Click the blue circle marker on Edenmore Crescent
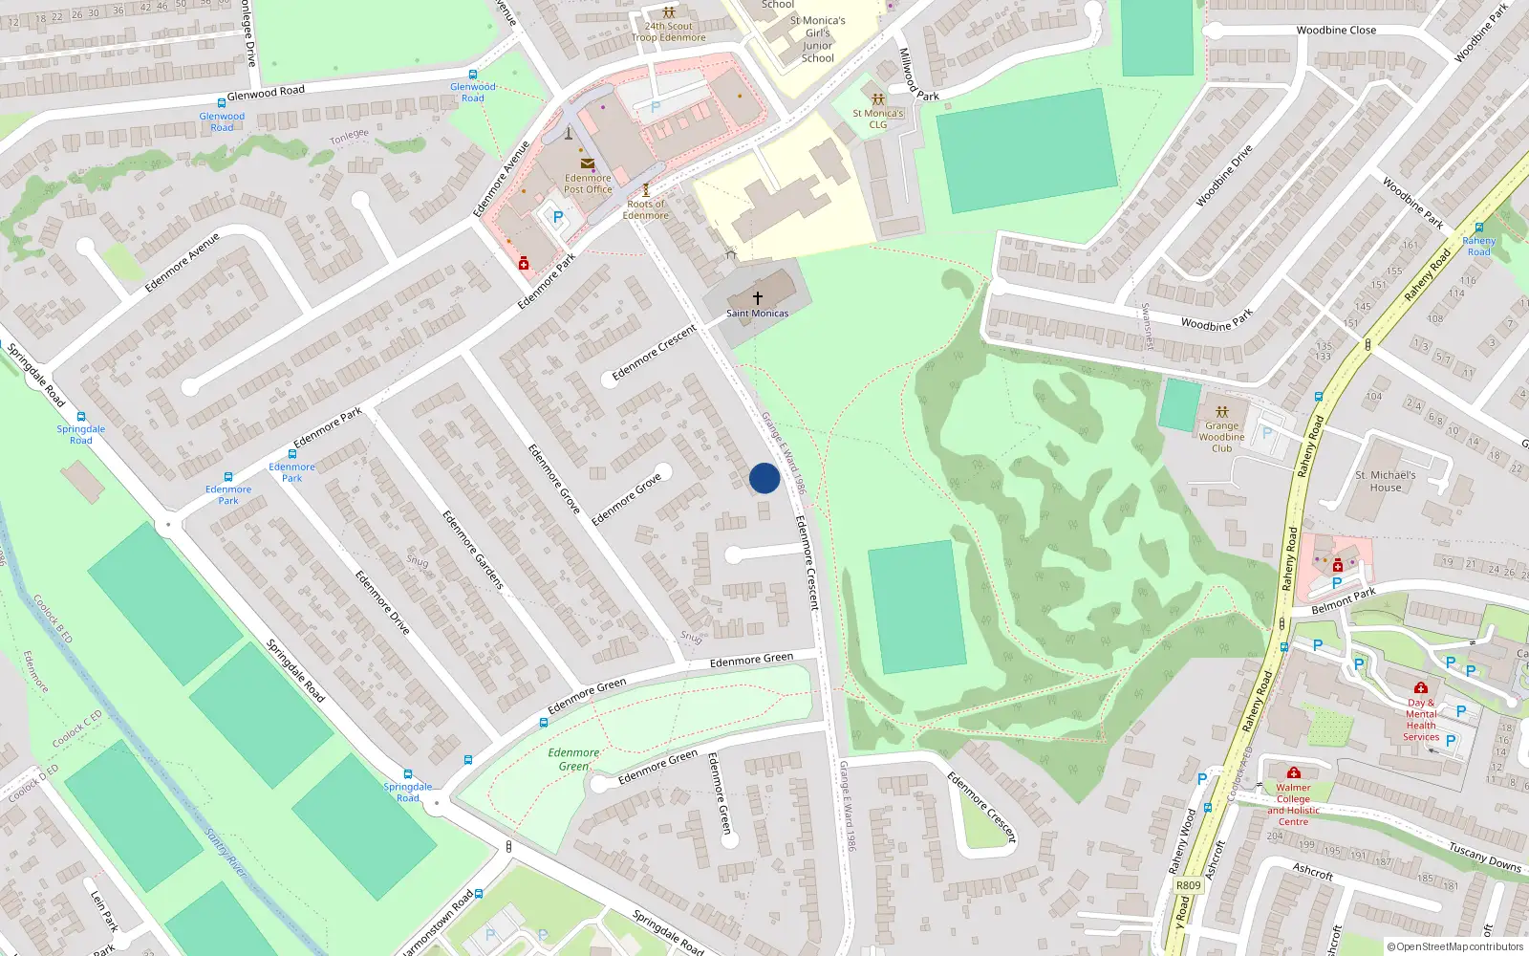764,478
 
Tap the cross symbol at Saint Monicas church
758,298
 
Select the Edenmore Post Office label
588,184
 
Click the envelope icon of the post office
587,163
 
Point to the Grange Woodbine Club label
1221,437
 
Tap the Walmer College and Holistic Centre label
1293,804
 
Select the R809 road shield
1188,885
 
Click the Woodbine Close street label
1336,31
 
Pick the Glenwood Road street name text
266,93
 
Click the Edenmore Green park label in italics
573,759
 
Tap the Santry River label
226,853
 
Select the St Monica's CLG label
877,119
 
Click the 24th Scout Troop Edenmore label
668,33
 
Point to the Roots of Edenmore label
647,209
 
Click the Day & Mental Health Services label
1421,720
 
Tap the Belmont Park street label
1343,601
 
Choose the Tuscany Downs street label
1484,857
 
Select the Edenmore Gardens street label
472,549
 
